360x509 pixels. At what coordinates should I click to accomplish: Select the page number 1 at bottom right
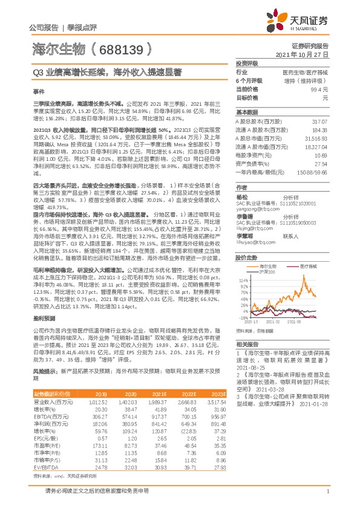[327, 497]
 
